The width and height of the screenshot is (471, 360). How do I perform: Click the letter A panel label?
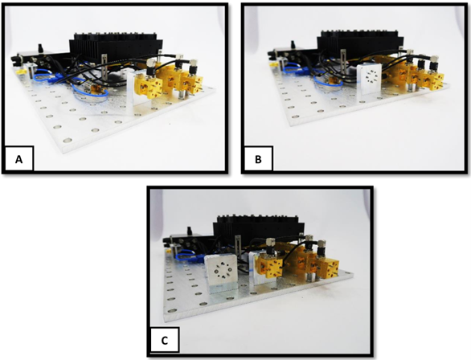[x=18, y=159]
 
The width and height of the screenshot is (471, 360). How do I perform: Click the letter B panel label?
[x=258, y=159]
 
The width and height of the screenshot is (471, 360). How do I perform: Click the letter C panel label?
[x=165, y=341]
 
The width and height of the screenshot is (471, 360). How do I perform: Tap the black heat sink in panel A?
[x=117, y=47]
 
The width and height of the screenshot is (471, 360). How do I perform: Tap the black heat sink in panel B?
[x=360, y=44]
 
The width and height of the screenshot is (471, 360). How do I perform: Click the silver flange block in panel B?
[x=370, y=80]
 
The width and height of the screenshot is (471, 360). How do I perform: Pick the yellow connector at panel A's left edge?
[x=20, y=72]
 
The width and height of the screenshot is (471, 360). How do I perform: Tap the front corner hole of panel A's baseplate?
[x=68, y=140]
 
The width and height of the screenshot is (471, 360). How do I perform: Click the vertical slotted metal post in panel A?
[x=104, y=68]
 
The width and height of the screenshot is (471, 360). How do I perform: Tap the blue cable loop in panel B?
[x=327, y=82]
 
